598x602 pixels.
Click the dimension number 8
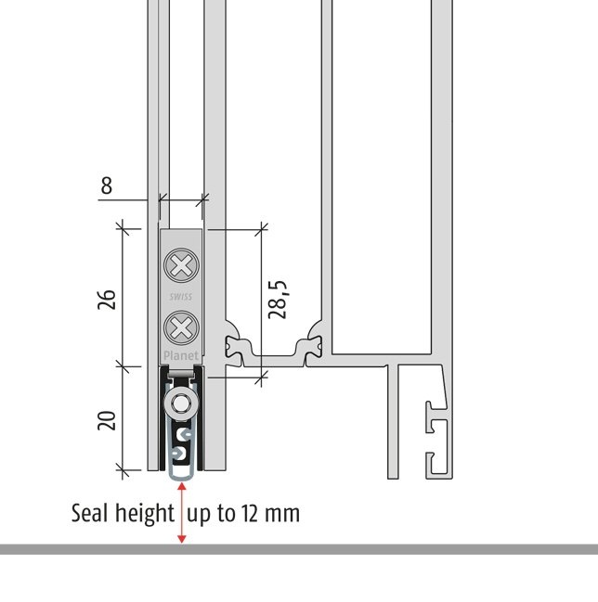(107, 186)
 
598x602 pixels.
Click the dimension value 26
(107, 300)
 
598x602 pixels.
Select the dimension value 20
(107, 420)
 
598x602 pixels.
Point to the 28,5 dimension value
(278, 300)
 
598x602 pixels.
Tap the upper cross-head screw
(181, 265)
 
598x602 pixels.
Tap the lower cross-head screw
(181, 328)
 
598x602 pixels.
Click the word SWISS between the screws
(181, 297)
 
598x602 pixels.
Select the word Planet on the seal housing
(181, 356)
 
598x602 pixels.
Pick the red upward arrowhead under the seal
(182, 486)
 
